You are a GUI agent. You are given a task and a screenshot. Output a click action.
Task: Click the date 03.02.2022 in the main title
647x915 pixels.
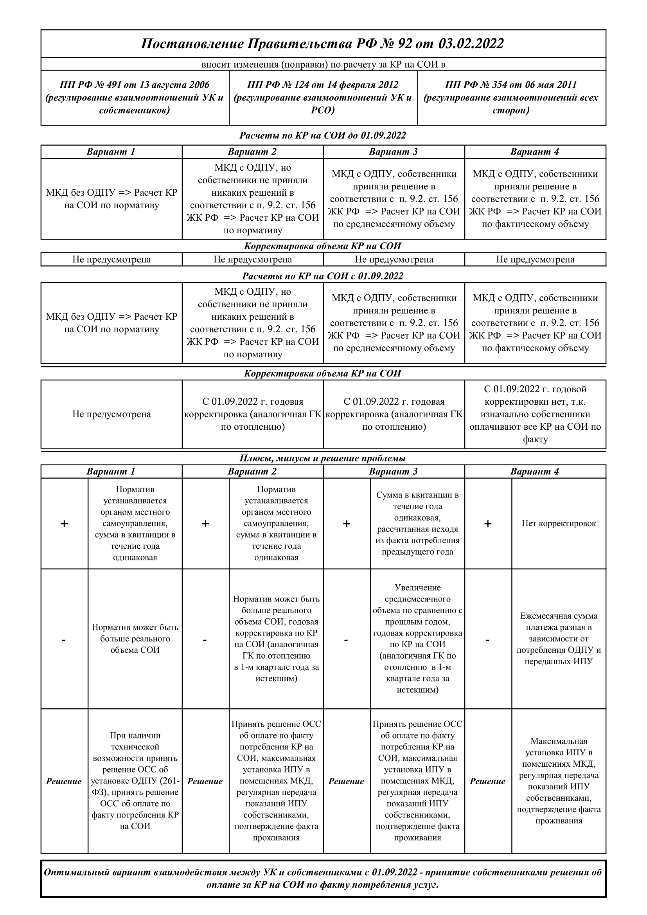[x=471, y=43]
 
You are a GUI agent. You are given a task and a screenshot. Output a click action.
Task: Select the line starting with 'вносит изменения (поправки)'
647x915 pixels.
[x=323, y=65]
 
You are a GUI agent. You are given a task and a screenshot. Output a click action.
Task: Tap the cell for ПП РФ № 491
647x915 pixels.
[x=135, y=97]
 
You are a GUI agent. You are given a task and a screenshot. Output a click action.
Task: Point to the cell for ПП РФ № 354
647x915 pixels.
[x=511, y=97]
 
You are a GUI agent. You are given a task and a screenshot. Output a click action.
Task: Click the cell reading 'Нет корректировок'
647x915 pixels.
[x=559, y=523]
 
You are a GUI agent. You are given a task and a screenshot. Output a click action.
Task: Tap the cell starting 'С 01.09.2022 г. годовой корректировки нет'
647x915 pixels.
[x=535, y=414]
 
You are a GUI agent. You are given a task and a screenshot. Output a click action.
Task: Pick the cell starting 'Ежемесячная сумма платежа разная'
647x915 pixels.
[x=559, y=638]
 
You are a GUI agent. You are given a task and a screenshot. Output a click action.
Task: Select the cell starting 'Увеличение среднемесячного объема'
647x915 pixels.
[x=417, y=638]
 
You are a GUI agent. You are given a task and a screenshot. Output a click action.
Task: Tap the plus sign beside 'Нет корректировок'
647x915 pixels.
[x=488, y=524]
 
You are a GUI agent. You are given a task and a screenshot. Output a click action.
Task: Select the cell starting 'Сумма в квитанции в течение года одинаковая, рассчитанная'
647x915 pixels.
[x=417, y=523]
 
